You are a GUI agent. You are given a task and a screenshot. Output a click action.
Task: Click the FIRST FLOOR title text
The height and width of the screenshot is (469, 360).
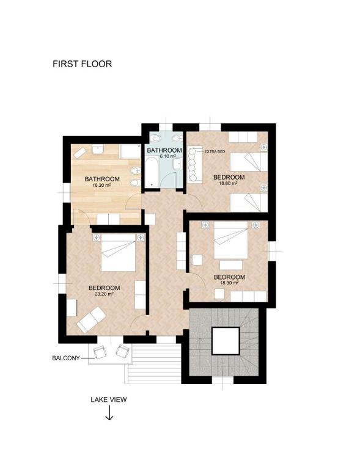point(82,64)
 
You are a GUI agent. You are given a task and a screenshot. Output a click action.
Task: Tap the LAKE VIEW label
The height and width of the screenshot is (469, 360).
point(109,399)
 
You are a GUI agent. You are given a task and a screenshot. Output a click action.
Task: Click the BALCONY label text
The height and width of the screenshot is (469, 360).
point(66,358)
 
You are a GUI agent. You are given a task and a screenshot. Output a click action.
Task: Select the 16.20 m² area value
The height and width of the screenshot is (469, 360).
point(101,185)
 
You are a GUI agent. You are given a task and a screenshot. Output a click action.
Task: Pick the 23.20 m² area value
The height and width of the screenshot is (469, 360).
point(104,294)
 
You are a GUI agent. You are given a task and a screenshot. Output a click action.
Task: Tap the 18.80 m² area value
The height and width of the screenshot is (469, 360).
point(229,183)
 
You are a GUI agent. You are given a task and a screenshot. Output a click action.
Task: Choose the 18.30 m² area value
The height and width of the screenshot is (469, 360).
point(229,283)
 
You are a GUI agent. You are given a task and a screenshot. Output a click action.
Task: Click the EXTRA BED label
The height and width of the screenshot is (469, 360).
point(215,152)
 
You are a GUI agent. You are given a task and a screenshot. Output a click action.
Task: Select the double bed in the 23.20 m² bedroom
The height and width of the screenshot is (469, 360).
point(119,252)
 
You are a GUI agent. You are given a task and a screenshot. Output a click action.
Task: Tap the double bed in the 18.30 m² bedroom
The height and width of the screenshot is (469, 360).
point(231,240)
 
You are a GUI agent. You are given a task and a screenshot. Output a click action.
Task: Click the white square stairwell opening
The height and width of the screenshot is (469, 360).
point(226,341)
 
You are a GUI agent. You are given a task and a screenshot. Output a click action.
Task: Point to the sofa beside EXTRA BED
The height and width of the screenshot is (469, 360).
point(194,164)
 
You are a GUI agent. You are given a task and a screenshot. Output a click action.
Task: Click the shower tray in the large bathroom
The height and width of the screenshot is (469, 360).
point(130,151)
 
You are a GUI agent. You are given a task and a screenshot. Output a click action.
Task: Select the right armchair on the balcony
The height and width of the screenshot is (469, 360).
point(122,351)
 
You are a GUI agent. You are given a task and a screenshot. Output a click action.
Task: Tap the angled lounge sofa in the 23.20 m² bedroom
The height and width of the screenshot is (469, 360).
point(91,319)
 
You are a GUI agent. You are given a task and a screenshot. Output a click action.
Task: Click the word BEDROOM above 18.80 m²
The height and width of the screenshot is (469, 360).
point(229,177)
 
